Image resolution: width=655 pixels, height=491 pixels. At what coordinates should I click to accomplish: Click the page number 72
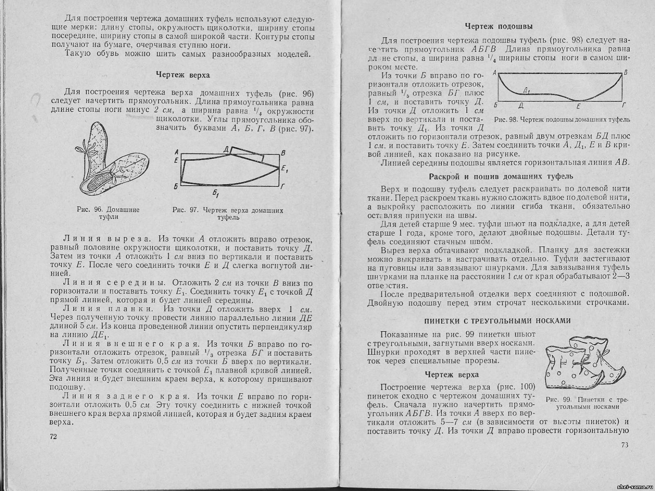53,436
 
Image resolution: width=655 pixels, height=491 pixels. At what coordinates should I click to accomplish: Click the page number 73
624,445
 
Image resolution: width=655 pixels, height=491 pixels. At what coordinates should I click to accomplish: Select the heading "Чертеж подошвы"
499,27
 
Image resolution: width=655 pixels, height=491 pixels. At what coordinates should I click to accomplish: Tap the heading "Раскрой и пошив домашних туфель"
501,177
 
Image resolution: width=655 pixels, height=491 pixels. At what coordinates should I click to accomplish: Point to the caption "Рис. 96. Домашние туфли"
108,213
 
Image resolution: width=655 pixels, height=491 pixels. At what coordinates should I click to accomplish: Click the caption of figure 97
228,214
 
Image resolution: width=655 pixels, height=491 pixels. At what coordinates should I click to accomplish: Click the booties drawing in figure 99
583,360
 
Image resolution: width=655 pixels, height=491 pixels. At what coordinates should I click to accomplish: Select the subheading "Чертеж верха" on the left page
183,75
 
